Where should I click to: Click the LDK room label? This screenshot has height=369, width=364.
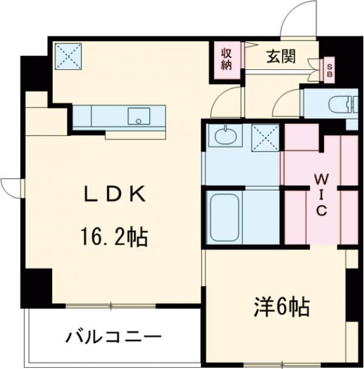coord(114,194)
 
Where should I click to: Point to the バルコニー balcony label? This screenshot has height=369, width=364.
coord(114,336)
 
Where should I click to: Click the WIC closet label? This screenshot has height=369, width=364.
coord(321,194)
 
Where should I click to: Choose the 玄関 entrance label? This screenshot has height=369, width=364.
coord(281,57)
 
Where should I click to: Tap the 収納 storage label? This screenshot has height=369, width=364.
coord(226,59)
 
